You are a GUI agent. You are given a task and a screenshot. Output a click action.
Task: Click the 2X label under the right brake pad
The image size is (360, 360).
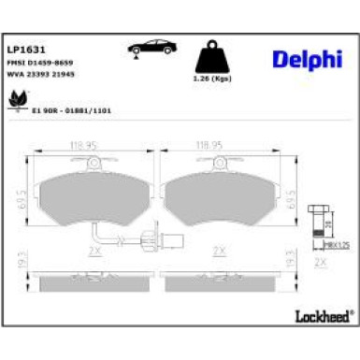[x=218, y=251]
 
